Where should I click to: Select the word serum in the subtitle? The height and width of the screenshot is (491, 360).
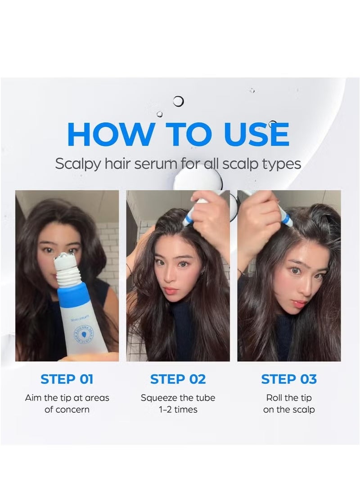click(x=158, y=164)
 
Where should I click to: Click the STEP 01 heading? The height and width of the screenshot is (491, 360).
click(x=67, y=379)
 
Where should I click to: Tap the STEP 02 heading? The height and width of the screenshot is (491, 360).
click(x=178, y=379)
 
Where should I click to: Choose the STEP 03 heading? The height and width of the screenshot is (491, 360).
click(x=289, y=379)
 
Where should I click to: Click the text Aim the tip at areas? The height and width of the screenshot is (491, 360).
click(x=67, y=398)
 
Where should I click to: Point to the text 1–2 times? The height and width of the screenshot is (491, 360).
click(x=178, y=410)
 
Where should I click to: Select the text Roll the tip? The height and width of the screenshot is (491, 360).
click(x=289, y=398)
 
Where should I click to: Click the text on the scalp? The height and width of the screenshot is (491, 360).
click(x=289, y=410)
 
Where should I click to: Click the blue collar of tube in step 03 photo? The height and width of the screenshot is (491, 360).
click(x=285, y=219)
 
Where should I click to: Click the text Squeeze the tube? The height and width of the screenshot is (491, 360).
click(x=178, y=398)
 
